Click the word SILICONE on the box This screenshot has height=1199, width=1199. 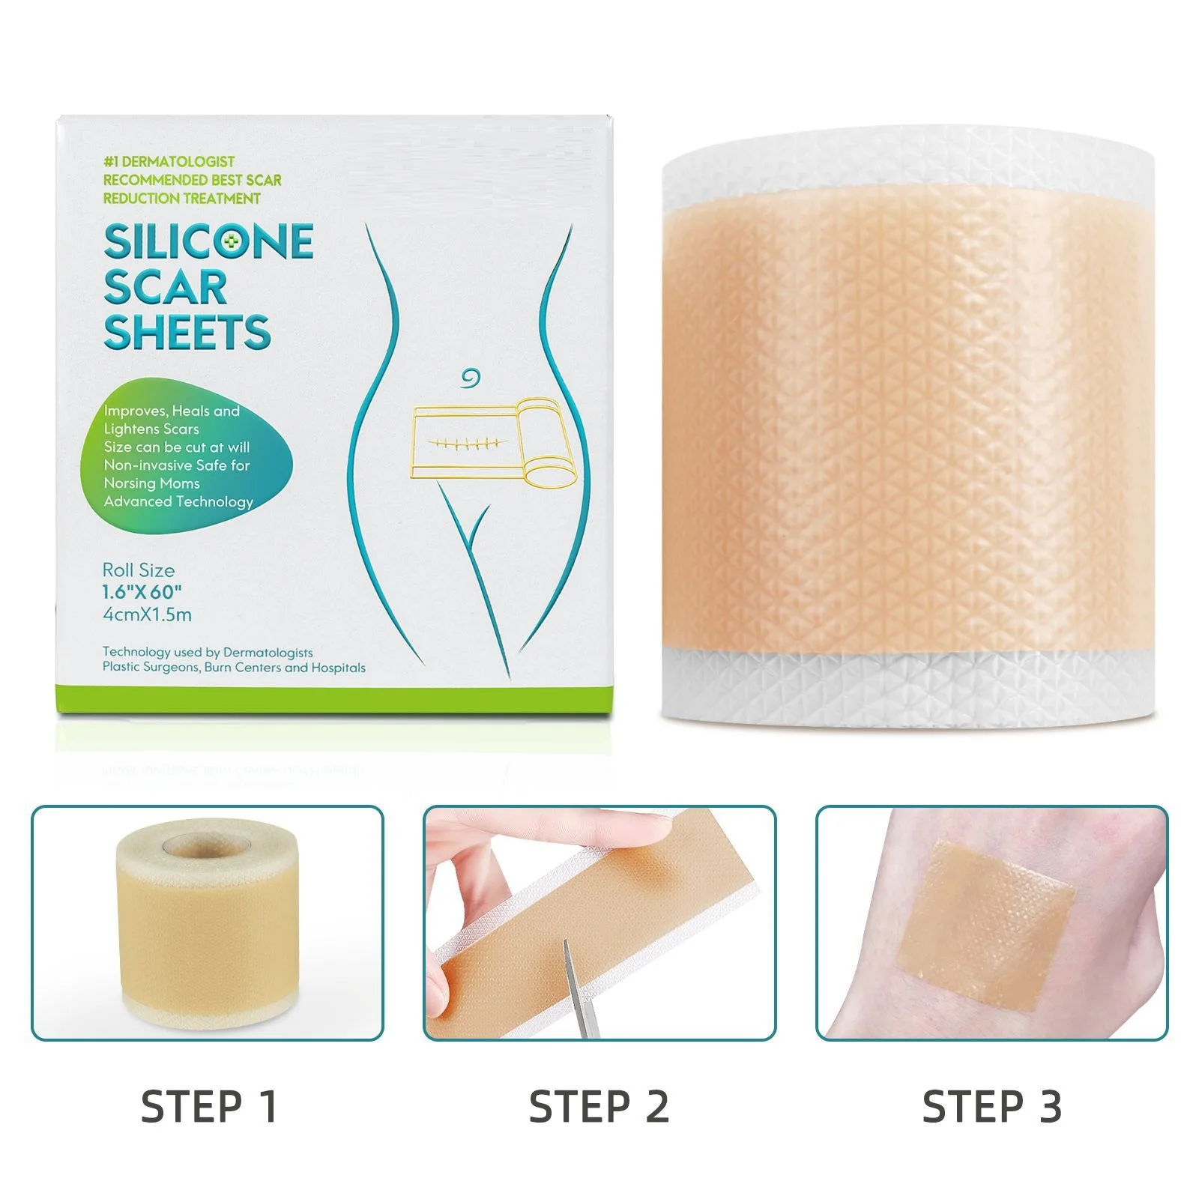pyautogui.click(x=208, y=241)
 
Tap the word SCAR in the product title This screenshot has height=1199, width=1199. pyautogui.click(x=165, y=288)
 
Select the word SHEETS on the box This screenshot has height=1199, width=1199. pyautogui.click(x=187, y=333)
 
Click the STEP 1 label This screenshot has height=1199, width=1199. pyautogui.click(x=209, y=1107)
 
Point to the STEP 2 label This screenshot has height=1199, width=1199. pyautogui.click(x=599, y=1107)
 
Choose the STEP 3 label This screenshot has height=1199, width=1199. pyautogui.click(x=991, y=1107)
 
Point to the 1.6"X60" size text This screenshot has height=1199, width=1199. pyautogui.click(x=142, y=592)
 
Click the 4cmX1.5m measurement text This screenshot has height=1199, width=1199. pyautogui.click(x=147, y=615)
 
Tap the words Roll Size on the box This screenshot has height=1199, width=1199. pyautogui.click(x=139, y=570)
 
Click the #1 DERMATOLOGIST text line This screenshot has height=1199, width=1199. pyautogui.click(x=169, y=162)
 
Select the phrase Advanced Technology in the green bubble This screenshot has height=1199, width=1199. pyautogui.click(x=178, y=501)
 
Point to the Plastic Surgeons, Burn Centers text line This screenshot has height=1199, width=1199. pyautogui.click(x=234, y=668)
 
